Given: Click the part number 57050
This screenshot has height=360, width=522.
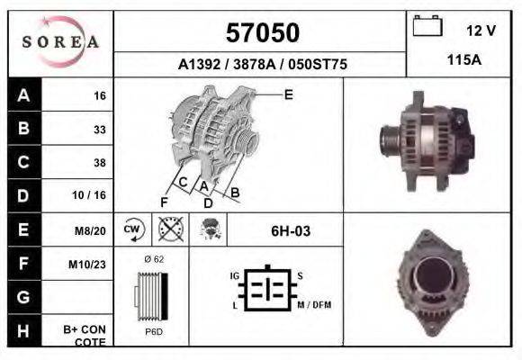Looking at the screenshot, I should tap(261, 33).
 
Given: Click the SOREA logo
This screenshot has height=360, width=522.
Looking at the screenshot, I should tap(61, 42).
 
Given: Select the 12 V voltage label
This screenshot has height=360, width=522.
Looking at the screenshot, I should tap(481, 31).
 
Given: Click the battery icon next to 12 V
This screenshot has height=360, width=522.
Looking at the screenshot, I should tap(427, 27).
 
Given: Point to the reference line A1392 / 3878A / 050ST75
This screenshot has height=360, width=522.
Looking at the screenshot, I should tap(263, 65).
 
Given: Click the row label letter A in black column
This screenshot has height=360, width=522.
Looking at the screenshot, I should tap(23, 95).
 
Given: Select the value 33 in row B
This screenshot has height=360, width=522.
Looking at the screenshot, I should tap(99, 130).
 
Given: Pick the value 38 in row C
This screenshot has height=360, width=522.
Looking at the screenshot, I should tap(99, 163).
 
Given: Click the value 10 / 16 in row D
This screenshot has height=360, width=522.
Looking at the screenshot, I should tap(94, 195).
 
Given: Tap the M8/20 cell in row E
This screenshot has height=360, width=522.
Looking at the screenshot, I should tap(92, 230).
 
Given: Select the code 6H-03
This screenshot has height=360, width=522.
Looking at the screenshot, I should tap(291, 231).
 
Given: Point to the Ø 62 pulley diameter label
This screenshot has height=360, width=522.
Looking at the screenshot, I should tap(153, 258).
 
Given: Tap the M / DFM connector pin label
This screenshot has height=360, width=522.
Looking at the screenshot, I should tap(314, 305).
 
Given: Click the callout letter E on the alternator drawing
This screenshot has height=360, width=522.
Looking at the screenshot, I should tap(288, 94).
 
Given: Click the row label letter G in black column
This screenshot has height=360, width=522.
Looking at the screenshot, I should tap(23, 297).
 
